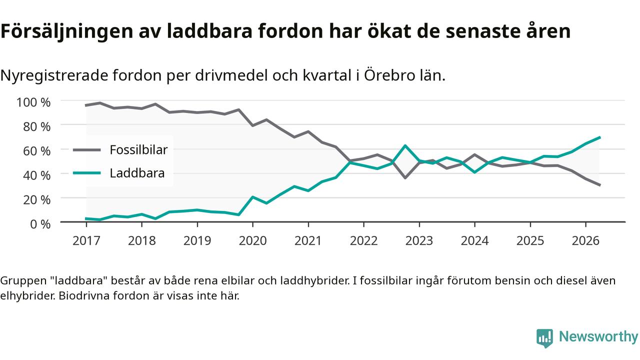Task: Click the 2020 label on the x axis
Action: point(252,240)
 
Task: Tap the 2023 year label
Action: point(419,240)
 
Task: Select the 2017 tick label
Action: point(86,240)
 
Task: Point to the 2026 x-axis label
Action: point(585,240)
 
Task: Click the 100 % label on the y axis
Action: point(33,102)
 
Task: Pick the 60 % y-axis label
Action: point(36,151)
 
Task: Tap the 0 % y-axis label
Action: point(40,224)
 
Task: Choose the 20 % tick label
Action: point(36,199)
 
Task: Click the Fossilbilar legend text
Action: point(138,149)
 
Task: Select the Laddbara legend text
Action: point(137,173)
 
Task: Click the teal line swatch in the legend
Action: point(87,173)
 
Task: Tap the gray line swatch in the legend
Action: point(87,149)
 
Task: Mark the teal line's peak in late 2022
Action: point(405,145)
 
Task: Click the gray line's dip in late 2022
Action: point(405,177)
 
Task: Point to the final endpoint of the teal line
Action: point(599,137)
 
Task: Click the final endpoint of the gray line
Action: point(599,185)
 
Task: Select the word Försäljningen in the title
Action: point(67,31)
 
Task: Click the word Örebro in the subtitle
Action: point(389,75)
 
